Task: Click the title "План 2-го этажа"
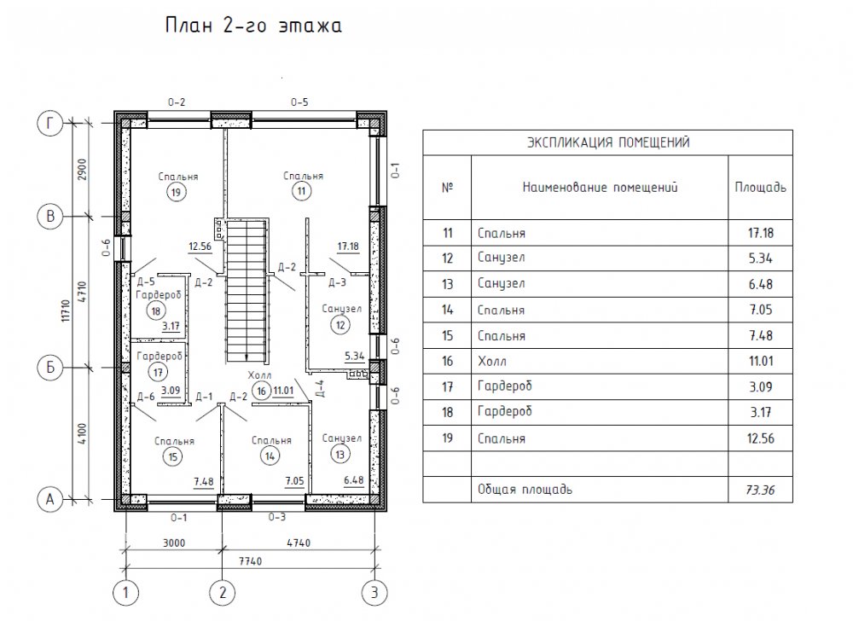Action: pyautogui.click(x=253, y=26)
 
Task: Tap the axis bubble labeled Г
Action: pyautogui.click(x=50, y=124)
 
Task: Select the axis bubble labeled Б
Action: pyautogui.click(x=50, y=368)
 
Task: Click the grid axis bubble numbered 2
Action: pyautogui.click(x=222, y=592)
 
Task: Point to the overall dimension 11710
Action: pyautogui.click(x=66, y=311)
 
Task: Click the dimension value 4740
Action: pyautogui.click(x=298, y=543)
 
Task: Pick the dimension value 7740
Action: pyautogui.click(x=250, y=560)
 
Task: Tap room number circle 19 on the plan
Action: pyautogui.click(x=176, y=192)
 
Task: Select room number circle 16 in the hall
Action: pyautogui.click(x=262, y=391)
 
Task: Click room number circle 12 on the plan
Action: pyautogui.click(x=340, y=325)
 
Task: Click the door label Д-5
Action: pyautogui.click(x=146, y=281)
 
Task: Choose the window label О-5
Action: pyautogui.click(x=299, y=102)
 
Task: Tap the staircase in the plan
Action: pyautogui.click(x=247, y=292)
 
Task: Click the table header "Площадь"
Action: pyautogui.click(x=761, y=188)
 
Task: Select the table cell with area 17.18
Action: pyautogui.click(x=761, y=233)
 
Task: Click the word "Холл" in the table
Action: pyautogui.click(x=492, y=361)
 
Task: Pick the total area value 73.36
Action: pyautogui.click(x=760, y=490)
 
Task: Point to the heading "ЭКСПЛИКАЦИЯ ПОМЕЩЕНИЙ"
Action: pyautogui.click(x=608, y=142)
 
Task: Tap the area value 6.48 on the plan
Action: pyautogui.click(x=354, y=480)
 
